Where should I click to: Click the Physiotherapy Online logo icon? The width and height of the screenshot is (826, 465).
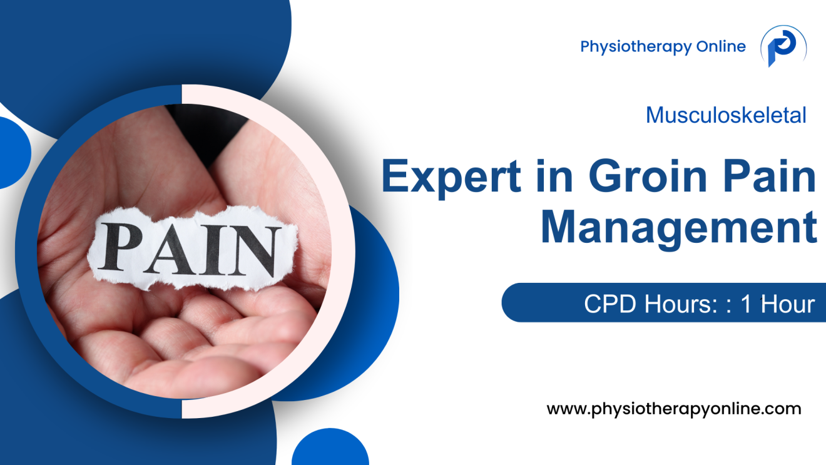coord(782,47)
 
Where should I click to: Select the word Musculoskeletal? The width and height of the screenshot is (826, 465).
coord(726,115)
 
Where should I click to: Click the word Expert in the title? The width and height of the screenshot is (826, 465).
coord(452,177)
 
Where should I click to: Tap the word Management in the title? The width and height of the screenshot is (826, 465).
coord(679,228)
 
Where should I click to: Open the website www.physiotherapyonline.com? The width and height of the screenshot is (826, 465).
coord(674,409)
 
